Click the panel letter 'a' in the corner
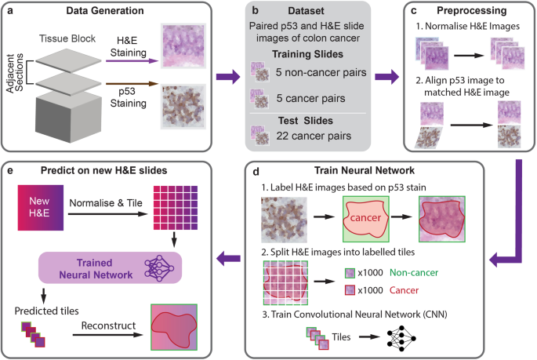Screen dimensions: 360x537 11,12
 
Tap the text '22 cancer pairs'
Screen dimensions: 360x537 312,136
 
